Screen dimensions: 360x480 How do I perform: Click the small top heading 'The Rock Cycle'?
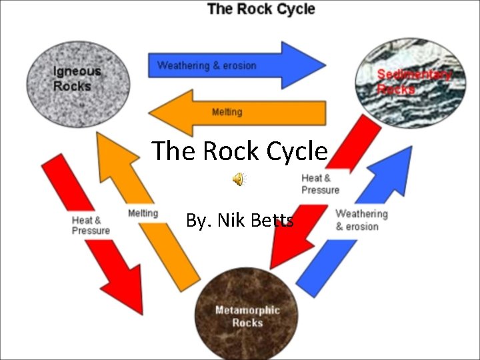coord(261,9)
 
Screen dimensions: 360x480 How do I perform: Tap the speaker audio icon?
coord(238,178)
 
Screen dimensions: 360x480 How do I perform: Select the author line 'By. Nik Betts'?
coord(239,220)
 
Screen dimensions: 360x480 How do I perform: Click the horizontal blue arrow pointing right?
coord(237,65)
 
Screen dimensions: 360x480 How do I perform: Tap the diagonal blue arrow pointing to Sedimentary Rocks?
coord(353,220)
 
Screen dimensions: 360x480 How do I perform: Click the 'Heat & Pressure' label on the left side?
coord(91,225)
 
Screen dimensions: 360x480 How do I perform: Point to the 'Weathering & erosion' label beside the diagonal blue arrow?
coord(361,220)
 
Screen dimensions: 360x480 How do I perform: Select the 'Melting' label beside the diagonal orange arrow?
coord(143,213)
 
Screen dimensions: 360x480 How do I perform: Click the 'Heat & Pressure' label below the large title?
coord(320,183)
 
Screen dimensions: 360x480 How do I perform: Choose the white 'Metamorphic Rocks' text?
coord(247,316)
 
